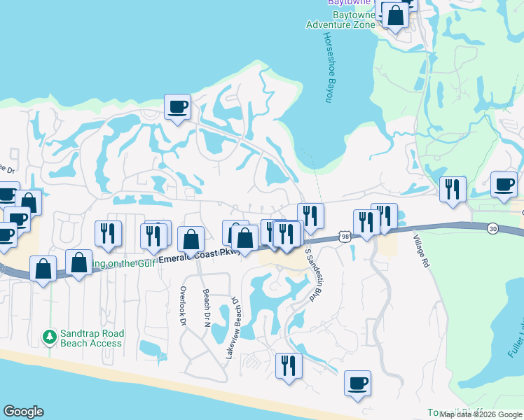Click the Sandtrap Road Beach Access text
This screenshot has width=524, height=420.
[91, 338]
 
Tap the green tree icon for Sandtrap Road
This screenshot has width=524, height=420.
[49, 337]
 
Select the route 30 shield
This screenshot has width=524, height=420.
[494, 228]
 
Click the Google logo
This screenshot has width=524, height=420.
[23, 412]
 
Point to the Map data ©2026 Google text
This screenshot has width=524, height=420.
[480, 414]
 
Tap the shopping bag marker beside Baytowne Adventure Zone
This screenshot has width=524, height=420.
[395, 15]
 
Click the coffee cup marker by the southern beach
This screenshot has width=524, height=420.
[357, 384]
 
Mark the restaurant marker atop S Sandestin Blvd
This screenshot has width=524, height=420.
[310, 216]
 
